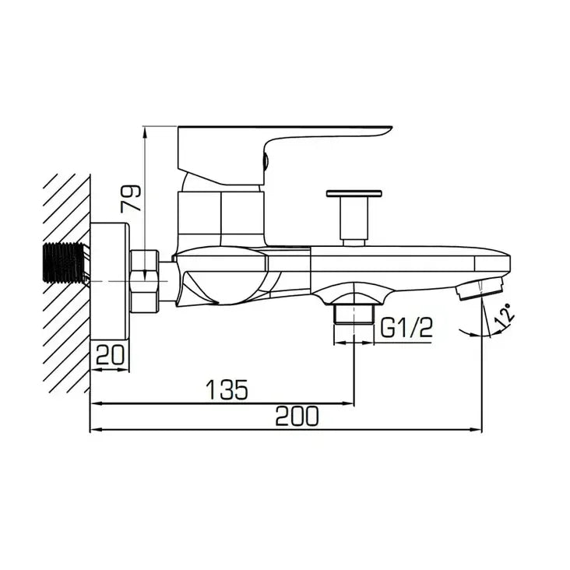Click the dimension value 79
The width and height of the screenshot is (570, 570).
coord(131,198)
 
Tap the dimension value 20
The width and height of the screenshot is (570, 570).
coord(110,354)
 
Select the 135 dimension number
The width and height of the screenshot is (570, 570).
coord(227,389)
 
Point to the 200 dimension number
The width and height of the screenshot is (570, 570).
coord(297,417)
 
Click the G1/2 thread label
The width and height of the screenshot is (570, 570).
coord(406,327)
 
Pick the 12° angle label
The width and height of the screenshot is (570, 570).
coord(505,315)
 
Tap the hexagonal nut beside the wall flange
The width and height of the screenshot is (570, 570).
coord(144,281)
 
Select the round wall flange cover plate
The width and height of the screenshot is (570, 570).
coord(110,281)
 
